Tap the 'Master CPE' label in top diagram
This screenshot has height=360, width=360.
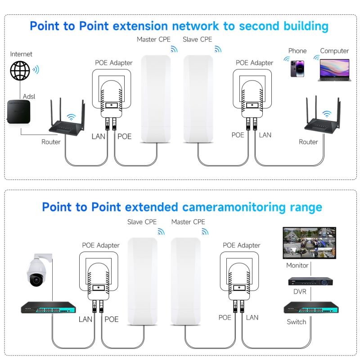pyautogui.click(x=153, y=40)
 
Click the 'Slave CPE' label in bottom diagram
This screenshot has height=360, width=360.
pyautogui.click(x=142, y=222)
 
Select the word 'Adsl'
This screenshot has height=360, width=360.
pyautogui.click(x=28, y=96)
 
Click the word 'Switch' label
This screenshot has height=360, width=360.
pyautogui.click(x=297, y=322)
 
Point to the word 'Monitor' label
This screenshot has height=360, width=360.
pyautogui.click(x=297, y=265)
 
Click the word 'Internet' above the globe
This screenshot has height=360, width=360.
pyautogui.click(x=21, y=54)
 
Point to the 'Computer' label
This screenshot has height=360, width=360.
pyautogui.click(x=334, y=51)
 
